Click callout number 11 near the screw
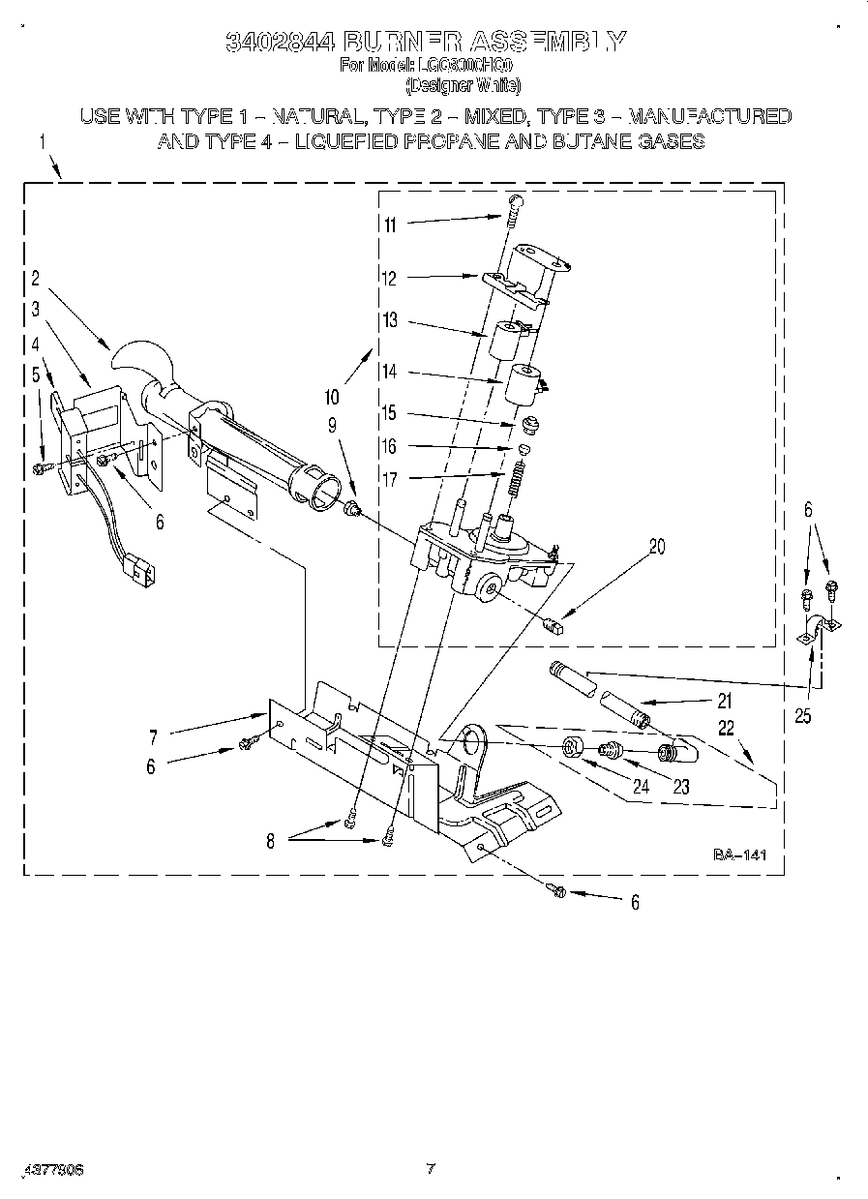coord(390,225)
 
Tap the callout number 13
coord(390,321)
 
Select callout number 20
coord(657,546)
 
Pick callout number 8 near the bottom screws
coord(270,842)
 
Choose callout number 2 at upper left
coord(35,279)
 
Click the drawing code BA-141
coord(739,854)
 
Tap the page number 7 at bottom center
coord(432,1168)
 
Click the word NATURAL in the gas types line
coord(313,116)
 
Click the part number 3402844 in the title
coord(281,41)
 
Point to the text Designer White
coord(463,84)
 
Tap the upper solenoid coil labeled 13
coord(504,341)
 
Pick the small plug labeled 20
coord(554,624)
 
